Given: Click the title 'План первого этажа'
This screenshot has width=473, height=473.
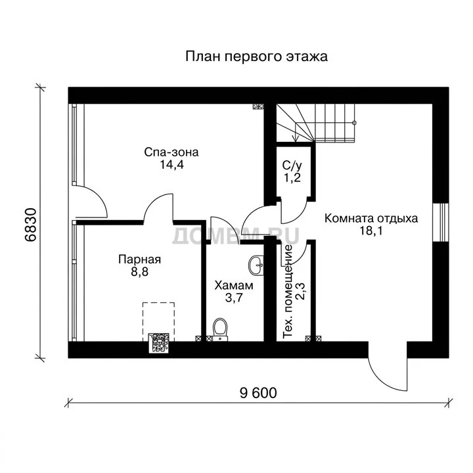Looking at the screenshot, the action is (x=256, y=56).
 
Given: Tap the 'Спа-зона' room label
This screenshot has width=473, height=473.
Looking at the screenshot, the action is (x=171, y=152).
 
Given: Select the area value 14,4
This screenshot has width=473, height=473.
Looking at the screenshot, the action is (x=171, y=165).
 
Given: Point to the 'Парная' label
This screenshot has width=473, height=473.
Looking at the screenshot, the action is (x=140, y=259).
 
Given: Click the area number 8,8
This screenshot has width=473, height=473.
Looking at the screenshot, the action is (x=140, y=272).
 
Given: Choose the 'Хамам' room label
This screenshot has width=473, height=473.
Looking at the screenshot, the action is (x=234, y=285).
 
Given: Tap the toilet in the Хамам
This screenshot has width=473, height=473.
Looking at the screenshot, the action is (x=220, y=330).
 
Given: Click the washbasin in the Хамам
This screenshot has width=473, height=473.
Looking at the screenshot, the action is (x=256, y=266).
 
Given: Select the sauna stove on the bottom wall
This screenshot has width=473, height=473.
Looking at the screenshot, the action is (x=158, y=343).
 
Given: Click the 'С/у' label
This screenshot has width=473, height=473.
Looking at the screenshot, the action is (x=292, y=166).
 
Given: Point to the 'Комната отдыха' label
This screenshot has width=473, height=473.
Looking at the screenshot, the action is (x=371, y=218).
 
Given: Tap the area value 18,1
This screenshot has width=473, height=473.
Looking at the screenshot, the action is (x=371, y=231).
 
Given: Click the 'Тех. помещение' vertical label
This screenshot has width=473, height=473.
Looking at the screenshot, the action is (x=288, y=292).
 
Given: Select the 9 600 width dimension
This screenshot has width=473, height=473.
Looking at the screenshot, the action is (x=258, y=393).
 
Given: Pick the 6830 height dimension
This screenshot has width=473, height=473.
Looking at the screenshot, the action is (x=31, y=225).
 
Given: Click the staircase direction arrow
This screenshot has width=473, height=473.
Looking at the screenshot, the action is (x=296, y=132).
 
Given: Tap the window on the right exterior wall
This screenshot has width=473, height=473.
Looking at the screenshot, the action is (x=440, y=222).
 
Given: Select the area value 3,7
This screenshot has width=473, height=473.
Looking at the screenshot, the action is (x=234, y=298).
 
